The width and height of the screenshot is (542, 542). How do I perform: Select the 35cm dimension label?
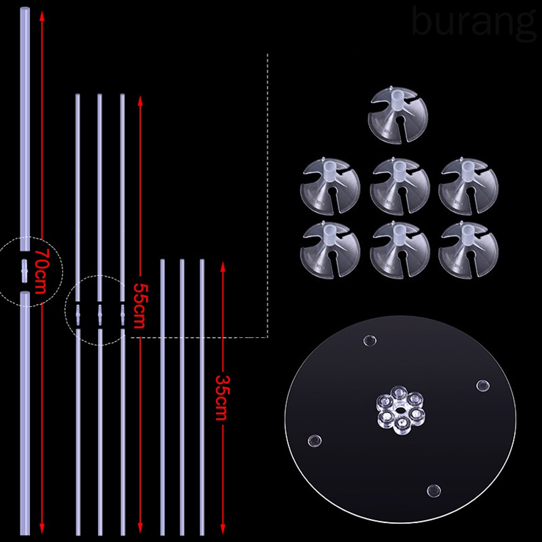(222, 397)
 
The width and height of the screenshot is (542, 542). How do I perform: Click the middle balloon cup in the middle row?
(400, 185)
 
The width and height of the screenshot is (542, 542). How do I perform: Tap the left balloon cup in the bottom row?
(330, 249)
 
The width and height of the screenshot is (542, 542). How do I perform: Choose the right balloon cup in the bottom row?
(468, 249)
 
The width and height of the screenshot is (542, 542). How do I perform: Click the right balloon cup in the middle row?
(468, 185)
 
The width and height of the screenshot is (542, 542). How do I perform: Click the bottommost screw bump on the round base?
(434, 489)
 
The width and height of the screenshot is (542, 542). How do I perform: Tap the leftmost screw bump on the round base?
(315, 441)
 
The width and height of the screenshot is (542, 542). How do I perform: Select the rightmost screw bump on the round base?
(482, 385)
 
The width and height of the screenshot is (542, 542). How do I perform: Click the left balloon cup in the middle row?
(330, 185)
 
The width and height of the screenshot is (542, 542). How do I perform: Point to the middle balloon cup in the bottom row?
(400, 249)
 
